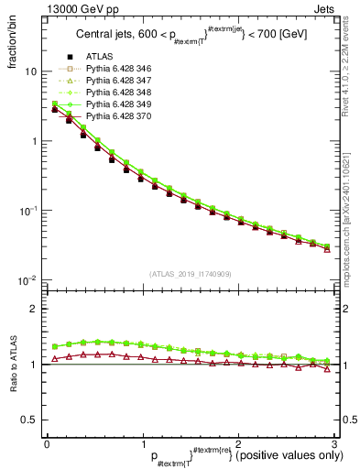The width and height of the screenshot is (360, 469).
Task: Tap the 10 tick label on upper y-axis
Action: (x=31, y=71)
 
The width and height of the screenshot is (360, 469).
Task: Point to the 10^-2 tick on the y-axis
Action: (x=28, y=279)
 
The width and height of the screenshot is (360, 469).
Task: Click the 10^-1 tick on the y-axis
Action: (x=28, y=211)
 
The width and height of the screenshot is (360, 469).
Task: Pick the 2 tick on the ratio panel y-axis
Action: (x=35, y=309)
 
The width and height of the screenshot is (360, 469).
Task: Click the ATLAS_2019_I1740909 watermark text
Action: (x=191, y=274)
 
